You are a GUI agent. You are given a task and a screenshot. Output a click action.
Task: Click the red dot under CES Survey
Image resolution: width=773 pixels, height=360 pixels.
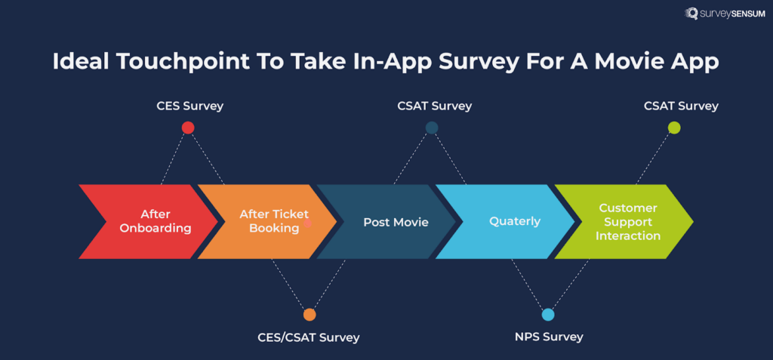coord(188,128)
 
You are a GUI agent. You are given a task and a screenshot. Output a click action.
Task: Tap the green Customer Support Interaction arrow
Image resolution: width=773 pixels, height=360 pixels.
coord(627,222)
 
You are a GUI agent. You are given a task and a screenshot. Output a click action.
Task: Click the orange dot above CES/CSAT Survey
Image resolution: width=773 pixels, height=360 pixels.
coord(309,315)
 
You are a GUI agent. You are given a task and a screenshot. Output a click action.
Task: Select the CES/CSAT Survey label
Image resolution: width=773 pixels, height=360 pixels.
coord(309,337)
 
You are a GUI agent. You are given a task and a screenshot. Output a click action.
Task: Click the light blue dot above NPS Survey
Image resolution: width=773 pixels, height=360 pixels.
coord(548,315)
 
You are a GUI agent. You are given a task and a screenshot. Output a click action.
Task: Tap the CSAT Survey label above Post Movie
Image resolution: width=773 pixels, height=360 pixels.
coord(434,106)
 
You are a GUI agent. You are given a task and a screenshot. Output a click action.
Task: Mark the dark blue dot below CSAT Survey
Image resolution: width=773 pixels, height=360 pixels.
coord(432,128)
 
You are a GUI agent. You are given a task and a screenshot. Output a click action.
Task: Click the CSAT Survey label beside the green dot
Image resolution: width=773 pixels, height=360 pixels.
coord(681,106)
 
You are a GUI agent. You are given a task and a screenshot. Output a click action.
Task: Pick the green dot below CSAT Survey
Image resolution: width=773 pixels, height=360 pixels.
coord(674,128)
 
